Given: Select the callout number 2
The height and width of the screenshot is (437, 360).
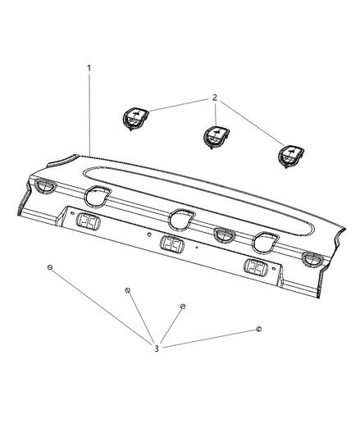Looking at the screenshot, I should [x=214, y=98].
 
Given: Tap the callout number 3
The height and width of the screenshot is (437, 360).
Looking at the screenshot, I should [x=157, y=349].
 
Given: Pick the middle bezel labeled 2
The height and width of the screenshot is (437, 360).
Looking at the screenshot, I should [x=216, y=135].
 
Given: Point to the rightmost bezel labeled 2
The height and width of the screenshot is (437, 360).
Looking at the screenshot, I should [x=290, y=156].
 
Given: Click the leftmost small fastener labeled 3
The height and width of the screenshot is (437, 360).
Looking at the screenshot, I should [x=50, y=269].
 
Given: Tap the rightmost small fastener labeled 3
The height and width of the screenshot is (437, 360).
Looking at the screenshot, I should [x=259, y=329].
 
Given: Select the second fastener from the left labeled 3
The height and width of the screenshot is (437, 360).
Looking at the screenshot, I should [x=127, y=290].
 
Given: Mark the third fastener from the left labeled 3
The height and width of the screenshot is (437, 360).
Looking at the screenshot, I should [x=183, y=307].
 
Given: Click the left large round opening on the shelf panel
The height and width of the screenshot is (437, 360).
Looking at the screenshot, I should [x=98, y=196].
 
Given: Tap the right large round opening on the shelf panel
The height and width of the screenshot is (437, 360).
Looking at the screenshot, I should [x=264, y=241].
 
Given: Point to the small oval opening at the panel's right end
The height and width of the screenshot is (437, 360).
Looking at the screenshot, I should [x=312, y=261].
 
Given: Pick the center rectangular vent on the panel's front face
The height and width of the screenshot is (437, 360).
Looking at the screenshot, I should [x=171, y=244].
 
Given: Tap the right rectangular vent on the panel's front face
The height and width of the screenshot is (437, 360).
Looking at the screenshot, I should [x=256, y=268].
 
